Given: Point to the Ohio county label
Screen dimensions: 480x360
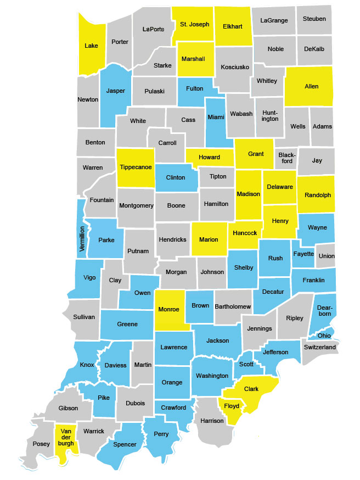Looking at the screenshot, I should [x=324, y=335].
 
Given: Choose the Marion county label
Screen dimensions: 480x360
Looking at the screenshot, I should [x=209, y=239].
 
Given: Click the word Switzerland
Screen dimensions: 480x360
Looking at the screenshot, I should [x=319, y=348].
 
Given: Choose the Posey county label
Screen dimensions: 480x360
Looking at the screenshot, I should [x=41, y=444].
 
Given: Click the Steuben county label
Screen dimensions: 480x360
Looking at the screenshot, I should [x=314, y=19].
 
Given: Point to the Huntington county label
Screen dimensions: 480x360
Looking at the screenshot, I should [x=270, y=115].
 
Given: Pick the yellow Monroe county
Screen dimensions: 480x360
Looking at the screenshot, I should [x=168, y=309].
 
